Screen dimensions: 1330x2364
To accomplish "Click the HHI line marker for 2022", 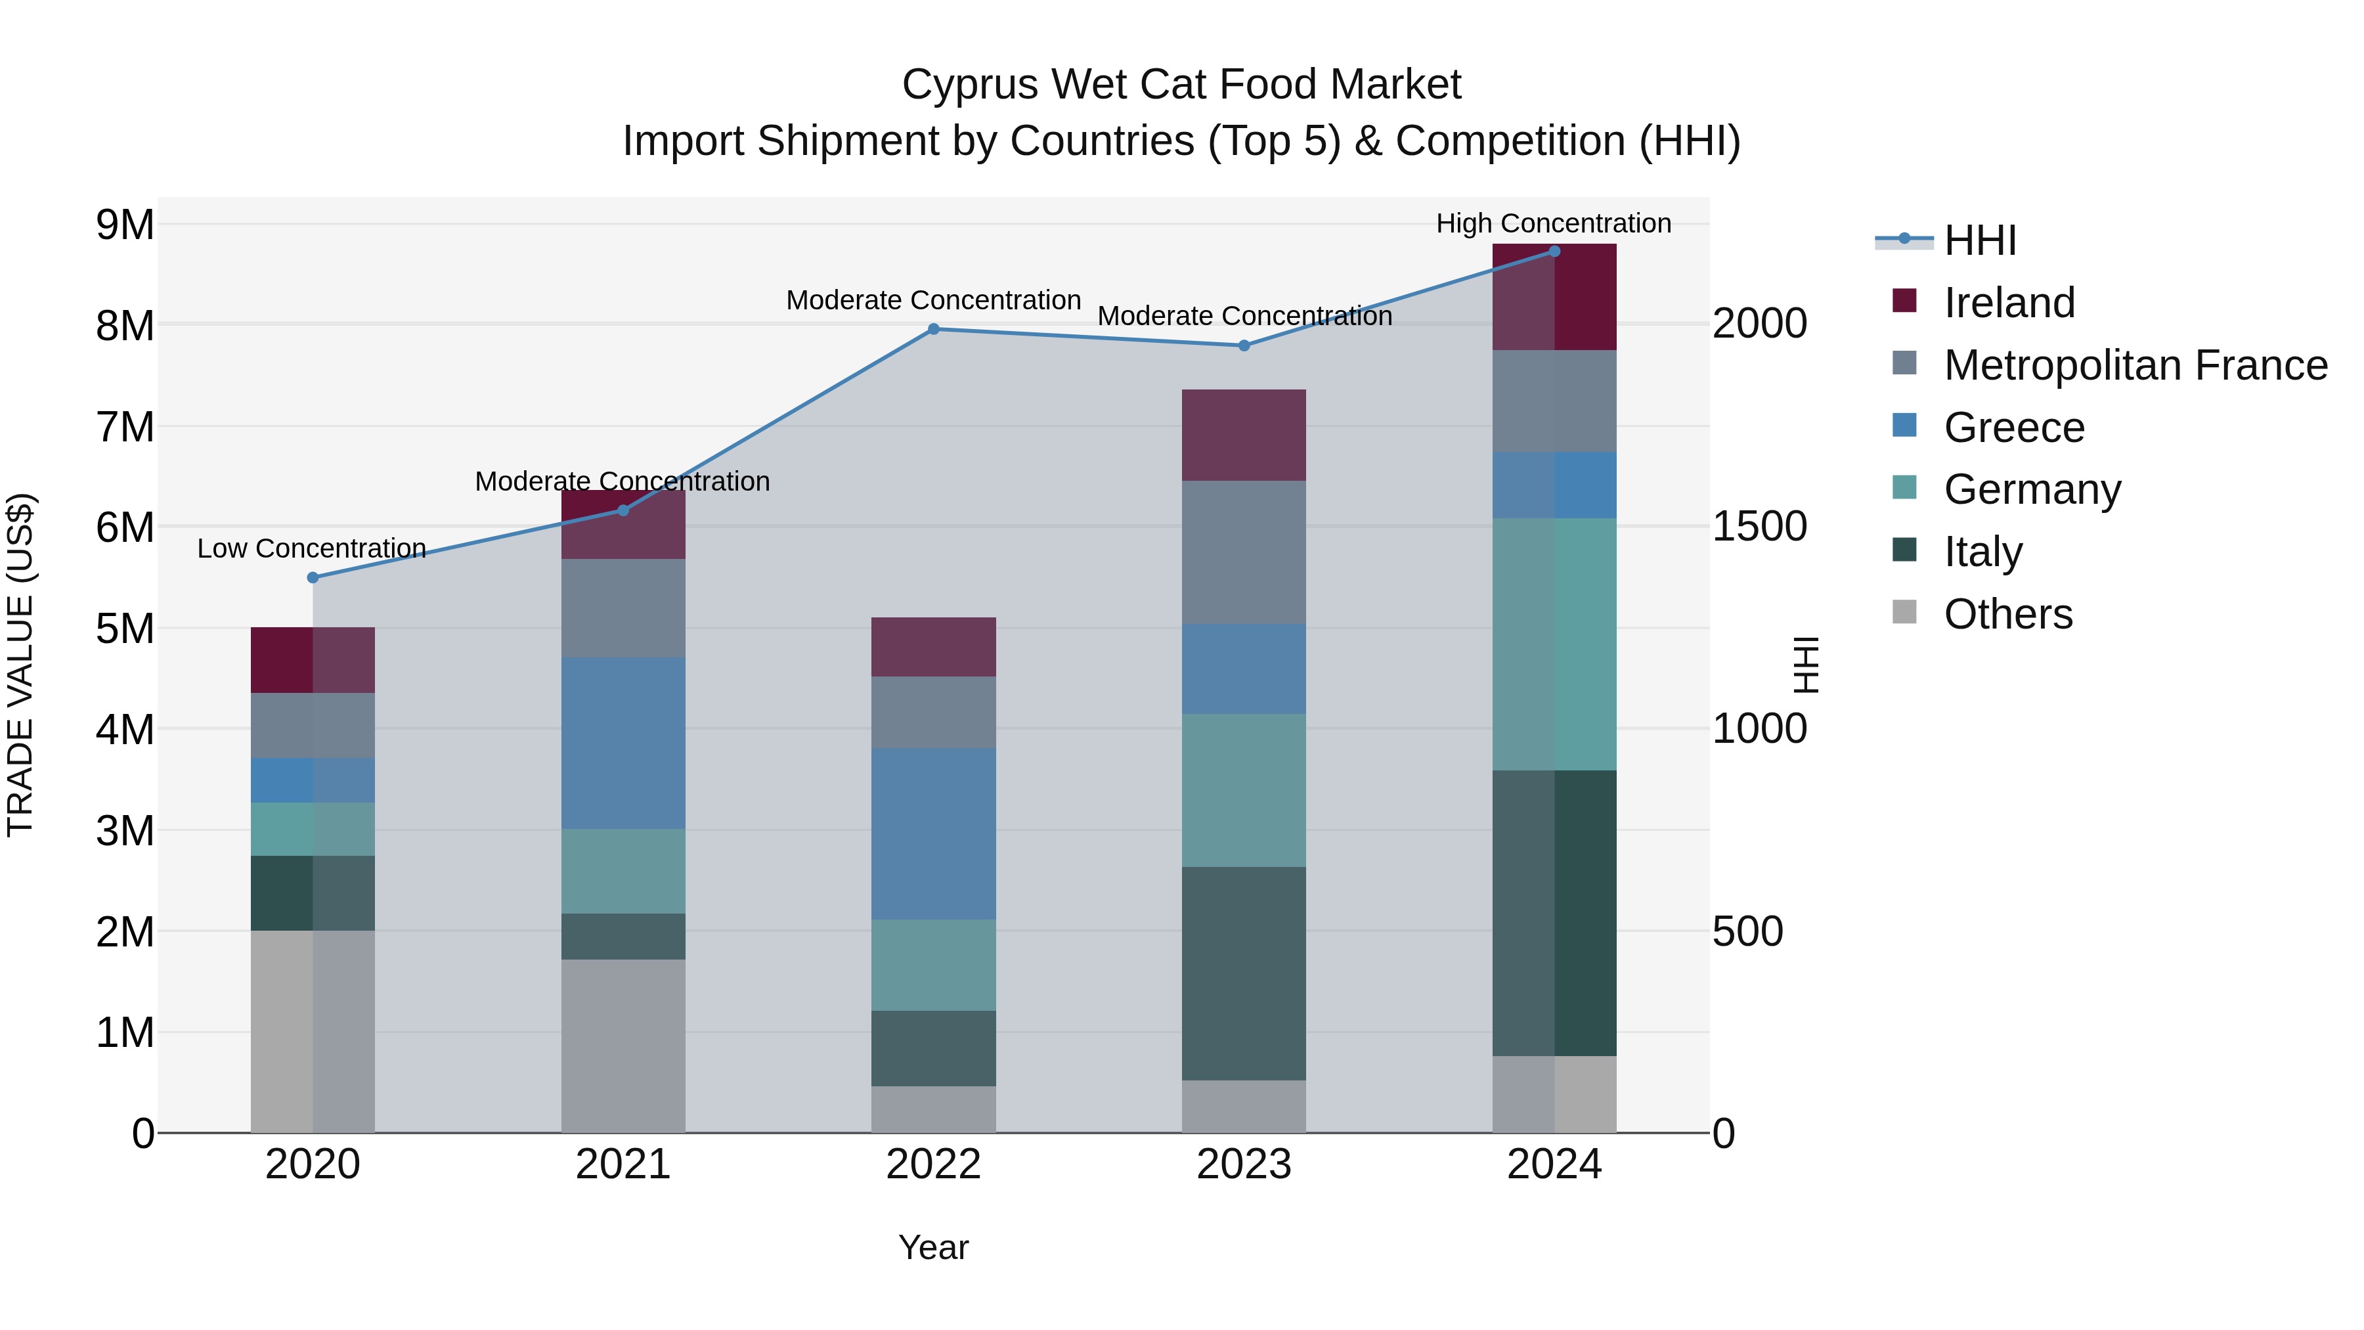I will [933, 328].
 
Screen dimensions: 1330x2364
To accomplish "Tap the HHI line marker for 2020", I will [313, 577].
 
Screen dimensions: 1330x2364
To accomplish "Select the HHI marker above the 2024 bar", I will [1554, 251].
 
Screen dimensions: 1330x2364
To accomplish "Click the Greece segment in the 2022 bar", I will [933, 833].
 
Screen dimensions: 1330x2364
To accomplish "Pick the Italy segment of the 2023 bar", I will [1244, 973].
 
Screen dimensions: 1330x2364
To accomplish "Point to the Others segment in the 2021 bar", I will [623, 1046].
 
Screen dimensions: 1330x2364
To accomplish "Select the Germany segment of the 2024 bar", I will [1554, 644].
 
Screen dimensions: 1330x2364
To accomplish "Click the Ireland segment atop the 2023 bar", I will [1244, 435].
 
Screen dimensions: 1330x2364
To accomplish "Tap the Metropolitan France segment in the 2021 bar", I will [623, 608].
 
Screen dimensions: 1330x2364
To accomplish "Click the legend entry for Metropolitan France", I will [2135, 365].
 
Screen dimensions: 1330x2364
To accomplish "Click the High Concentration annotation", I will [1553, 223].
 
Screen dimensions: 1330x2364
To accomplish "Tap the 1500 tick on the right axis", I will [1759, 527].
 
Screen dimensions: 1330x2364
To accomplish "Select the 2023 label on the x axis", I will [1244, 1164].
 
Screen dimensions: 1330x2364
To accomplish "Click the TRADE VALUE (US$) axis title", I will [20, 665].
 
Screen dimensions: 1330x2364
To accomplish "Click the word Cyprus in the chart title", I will [969, 85].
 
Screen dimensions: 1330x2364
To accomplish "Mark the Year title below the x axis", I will [933, 1247].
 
